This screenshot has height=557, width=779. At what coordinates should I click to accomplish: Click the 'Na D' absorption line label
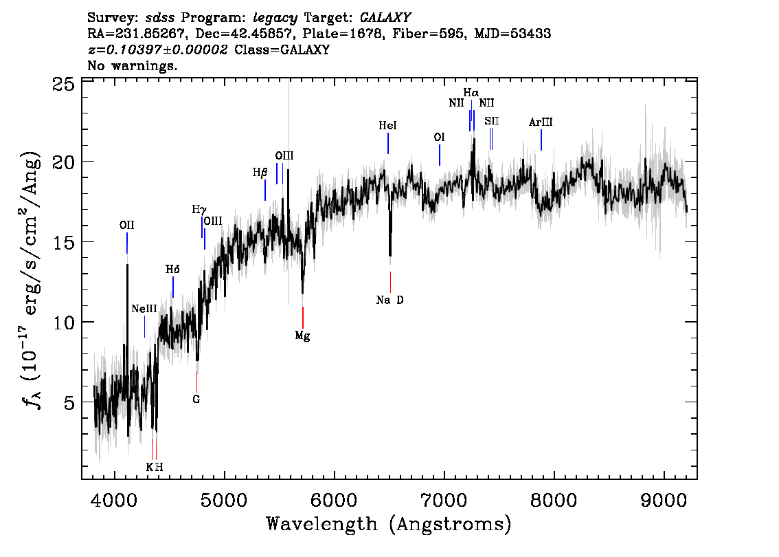[x=389, y=300]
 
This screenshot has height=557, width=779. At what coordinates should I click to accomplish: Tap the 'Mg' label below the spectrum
[x=302, y=336]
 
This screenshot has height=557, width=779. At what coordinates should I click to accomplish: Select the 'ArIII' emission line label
[x=541, y=122]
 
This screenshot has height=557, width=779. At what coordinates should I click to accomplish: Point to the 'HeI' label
[x=387, y=126]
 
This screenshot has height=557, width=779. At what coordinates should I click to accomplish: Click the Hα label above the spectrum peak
[x=471, y=92]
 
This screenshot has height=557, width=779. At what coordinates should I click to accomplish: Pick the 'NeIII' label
[x=144, y=309]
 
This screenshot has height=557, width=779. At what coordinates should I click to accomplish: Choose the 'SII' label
[x=491, y=121]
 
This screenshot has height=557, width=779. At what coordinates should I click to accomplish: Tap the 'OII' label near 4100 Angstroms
[x=126, y=225]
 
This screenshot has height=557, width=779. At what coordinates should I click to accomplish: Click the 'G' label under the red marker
[x=196, y=399]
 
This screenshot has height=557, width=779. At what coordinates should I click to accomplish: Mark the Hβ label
[x=260, y=173]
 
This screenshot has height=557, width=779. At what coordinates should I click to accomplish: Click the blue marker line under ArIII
[x=541, y=140]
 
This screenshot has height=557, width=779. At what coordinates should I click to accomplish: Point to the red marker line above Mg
[x=303, y=317]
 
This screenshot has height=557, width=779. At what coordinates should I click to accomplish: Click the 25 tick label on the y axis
[x=64, y=85]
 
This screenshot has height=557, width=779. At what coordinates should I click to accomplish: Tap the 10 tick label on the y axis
[x=64, y=323]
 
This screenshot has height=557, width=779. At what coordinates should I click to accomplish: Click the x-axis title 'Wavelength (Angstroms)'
[x=389, y=524]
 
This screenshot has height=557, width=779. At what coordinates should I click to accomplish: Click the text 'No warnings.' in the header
[x=133, y=66]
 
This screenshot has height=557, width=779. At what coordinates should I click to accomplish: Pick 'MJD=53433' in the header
[x=512, y=33]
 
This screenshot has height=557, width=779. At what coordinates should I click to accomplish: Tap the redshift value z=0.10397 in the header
[x=157, y=50]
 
